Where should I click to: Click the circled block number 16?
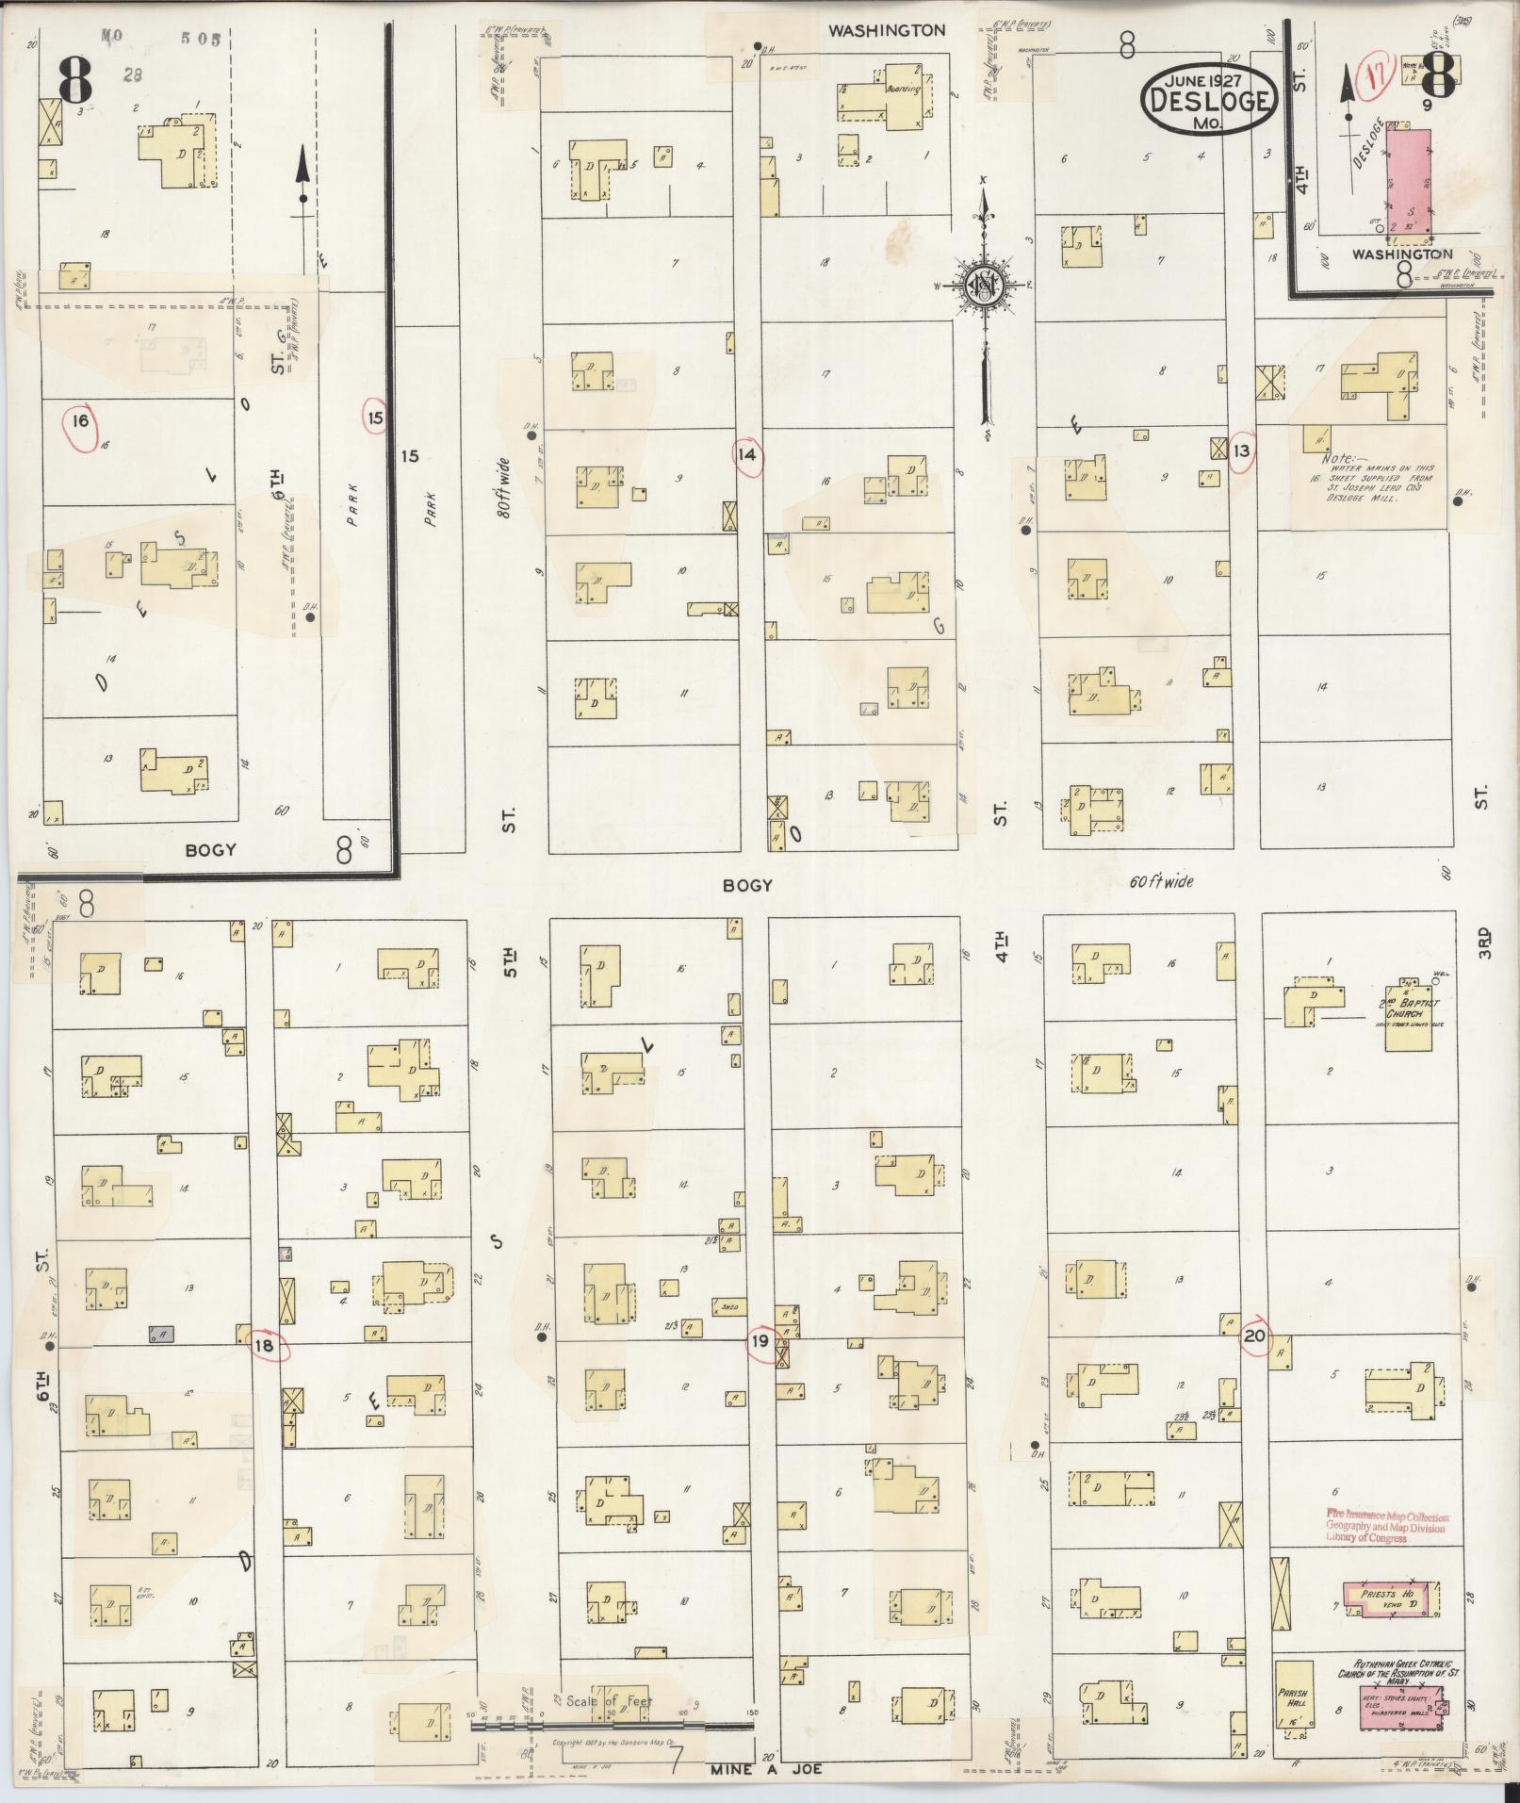[81, 419]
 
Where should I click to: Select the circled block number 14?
[748, 456]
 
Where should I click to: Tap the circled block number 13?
[1242, 451]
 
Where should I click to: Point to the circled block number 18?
[265, 1346]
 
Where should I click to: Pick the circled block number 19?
[760, 1342]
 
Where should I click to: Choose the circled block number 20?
[1254, 1336]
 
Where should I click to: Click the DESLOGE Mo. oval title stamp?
[1208, 98]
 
